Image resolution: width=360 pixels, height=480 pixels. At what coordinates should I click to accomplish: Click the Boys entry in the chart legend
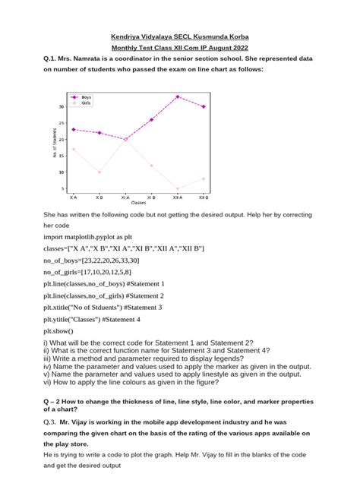86,97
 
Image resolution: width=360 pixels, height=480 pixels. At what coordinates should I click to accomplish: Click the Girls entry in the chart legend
86,103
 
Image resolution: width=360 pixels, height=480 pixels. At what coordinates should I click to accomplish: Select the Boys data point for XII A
177,96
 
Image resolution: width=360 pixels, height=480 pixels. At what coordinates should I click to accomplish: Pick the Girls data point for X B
99,172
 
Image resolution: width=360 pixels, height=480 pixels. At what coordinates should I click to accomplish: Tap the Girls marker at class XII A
177,188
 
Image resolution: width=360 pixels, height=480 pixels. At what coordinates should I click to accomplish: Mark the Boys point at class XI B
151,119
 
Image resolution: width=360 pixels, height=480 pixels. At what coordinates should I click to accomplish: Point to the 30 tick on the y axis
62,107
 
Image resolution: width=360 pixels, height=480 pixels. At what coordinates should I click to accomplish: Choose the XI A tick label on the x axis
125,197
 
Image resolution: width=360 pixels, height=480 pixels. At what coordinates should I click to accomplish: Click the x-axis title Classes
138,203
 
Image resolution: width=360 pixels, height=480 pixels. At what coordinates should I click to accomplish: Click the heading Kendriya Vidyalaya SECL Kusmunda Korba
179,36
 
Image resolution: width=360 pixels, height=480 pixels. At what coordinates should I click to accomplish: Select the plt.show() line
60,331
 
